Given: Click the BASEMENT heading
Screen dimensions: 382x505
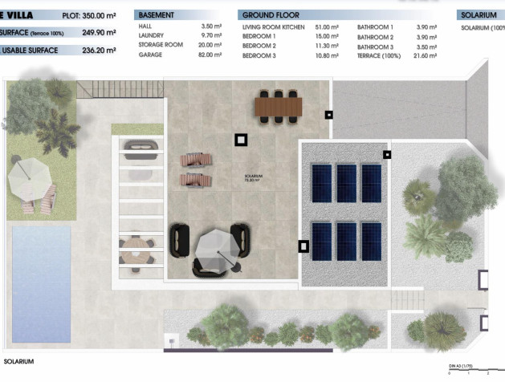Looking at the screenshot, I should tap(156, 15).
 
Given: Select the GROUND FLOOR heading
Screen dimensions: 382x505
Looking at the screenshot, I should tap(271, 15).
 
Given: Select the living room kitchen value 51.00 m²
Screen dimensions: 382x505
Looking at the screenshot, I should tap(327, 26).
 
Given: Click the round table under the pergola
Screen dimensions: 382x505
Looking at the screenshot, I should tap(132, 242).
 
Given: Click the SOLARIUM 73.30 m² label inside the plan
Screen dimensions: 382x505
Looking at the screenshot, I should tap(255, 179).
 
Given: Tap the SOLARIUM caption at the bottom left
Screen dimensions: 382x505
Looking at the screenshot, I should tap(20, 362).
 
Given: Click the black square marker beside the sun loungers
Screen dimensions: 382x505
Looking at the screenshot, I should tap(241, 140).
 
